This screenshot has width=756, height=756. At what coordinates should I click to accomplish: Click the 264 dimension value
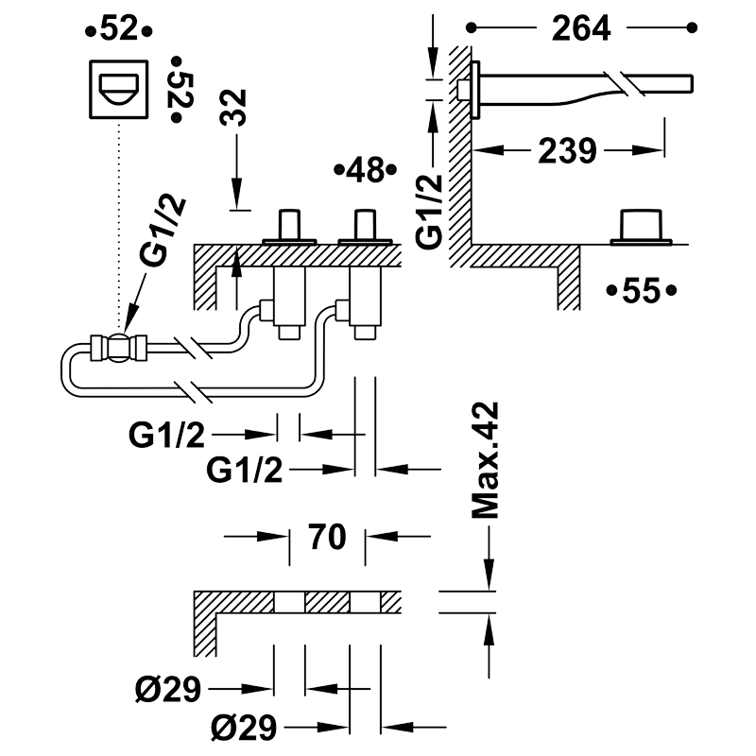pos(581,28)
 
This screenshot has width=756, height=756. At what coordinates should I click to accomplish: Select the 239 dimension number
pos(568,150)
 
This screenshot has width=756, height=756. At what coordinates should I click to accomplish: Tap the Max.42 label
pos(485,460)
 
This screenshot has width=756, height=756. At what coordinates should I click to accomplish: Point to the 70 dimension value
pos(328,536)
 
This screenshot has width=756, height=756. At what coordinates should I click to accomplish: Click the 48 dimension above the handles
pos(366,170)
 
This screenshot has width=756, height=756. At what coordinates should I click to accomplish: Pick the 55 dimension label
pos(642,291)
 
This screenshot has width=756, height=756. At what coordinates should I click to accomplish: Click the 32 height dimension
pos(232,108)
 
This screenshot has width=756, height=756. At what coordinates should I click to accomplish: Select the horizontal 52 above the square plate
pos(119,29)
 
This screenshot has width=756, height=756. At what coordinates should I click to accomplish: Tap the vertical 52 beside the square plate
pos(180,90)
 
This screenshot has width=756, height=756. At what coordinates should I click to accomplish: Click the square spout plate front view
pos(119,89)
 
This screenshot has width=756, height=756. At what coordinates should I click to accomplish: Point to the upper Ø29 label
pos(168,689)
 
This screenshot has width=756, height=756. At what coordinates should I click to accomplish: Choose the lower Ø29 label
pos(244,727)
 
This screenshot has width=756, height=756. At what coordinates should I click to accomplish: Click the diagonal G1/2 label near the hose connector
pos(163,231)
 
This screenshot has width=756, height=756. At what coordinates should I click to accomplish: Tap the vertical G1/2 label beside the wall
pos(430,211)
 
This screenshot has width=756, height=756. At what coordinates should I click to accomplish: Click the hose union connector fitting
pos(119,348)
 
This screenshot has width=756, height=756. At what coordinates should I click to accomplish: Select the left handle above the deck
pos(289,227)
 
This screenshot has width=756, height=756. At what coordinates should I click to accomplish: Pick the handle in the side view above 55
pos(642,227)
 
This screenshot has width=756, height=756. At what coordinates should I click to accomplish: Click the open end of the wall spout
pos(691,83)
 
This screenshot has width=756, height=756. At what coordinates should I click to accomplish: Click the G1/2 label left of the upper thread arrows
pos(167,435)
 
